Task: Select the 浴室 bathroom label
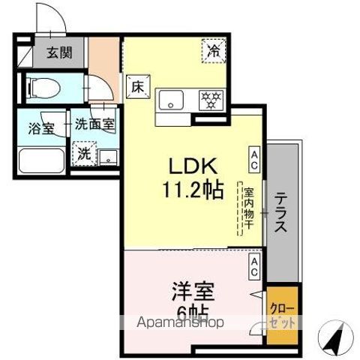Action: click(x=42, y=127)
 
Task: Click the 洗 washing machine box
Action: click(x=84, y=153)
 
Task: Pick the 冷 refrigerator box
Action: click(x=214, y=51)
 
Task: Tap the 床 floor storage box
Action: click(x=138, y=86)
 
